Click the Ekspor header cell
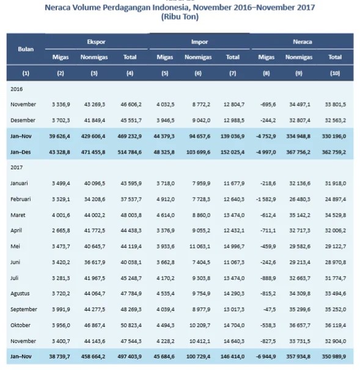97,42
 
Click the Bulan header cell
26,48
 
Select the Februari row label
23,199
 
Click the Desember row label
23,120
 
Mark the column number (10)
334,73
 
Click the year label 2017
17,166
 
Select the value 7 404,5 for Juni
198,262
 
